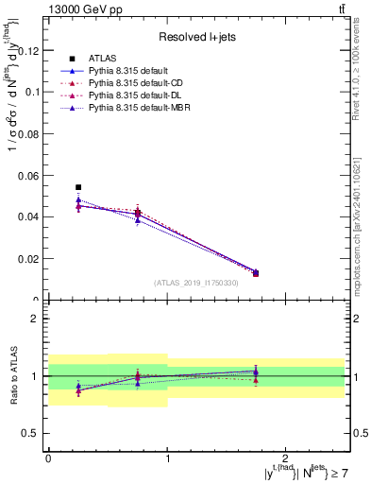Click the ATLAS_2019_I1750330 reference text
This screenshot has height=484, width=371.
pyautogui.click(x=195, y=283)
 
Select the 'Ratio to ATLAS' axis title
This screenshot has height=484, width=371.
pyautogui.click(x=12, y=376)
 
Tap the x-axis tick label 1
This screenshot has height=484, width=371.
pyautogui.click(x=167, y=458)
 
